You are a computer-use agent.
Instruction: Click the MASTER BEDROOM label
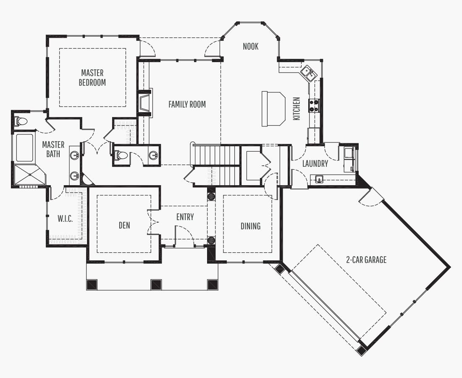tap(92, 77)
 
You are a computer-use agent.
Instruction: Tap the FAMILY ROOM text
tap(187, 104)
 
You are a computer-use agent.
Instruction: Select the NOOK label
tap(250, 46)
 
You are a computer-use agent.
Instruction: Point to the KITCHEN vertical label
tap(297, 108)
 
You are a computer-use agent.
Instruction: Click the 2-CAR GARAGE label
tap(366, 260)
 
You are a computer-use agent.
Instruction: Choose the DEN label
tap(124, 226)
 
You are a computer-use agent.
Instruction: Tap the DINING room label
tap(250, 226)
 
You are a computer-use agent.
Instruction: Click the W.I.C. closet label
tap(65, 218)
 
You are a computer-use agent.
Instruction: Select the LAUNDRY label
tap(315, 163)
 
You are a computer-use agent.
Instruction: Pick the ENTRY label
tap(185, 217)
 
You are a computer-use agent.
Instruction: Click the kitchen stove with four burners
tap(314, 105)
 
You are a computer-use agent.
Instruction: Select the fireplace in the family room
tap(145, 103)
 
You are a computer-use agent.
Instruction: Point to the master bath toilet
tap(21, 121)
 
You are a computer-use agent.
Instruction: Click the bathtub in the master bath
tap(24, 148)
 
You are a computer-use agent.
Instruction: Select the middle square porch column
tap(156, 284)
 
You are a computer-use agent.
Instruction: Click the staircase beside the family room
tap(217, 165)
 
